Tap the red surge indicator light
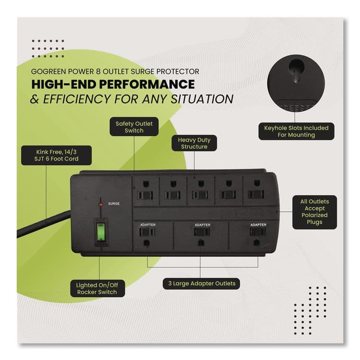pyautogui.click(x=101, y=204)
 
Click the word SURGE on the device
pyautogui.click(x=114, y=204)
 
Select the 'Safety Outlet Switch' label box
pyautogui.click(x=134, y=127)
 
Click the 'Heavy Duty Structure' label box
pyautogui.click(x=194, y=143)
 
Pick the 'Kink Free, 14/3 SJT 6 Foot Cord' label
pyautogui.click(x=49, y=155)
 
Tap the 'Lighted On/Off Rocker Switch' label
pyautogui.click(x=97, y=288)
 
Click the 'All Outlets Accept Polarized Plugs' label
pyautogui.click(x=314, y=212)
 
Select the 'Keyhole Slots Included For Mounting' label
pyautogui.click(x=296, y=132)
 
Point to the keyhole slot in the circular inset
pyautogui.click(x=297, y=70)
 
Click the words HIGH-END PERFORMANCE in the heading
pyautogui.click(x=113, y=84)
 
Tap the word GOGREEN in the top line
pyautogui.click(x=49, y=71)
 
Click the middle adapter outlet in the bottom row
pyautogui.click(x=201, y=236)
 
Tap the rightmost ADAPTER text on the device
pyautogui.click(x=258, y=225)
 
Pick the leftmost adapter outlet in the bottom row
pyautogui.click(x=146, y=236)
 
